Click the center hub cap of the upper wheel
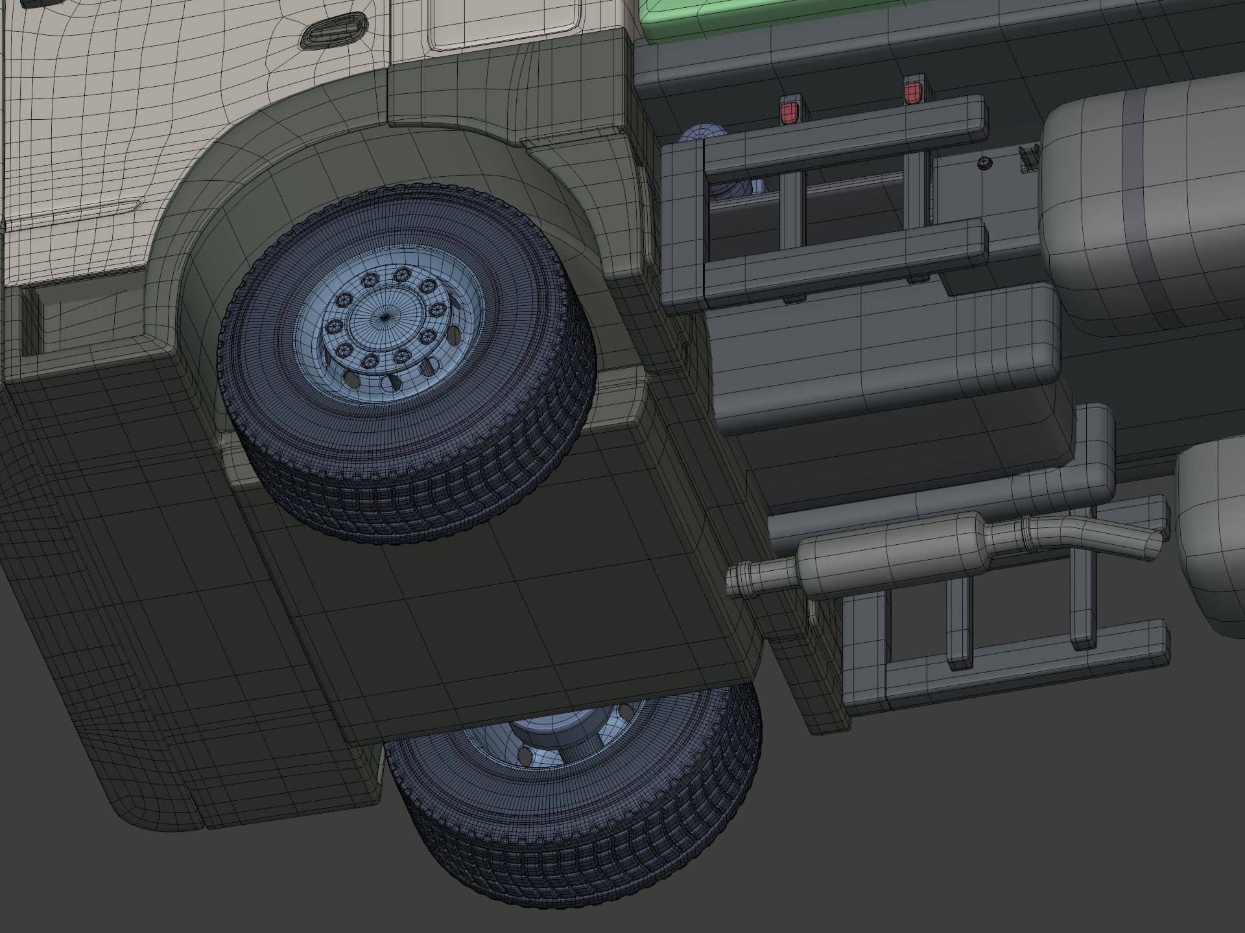(x=384, y=317)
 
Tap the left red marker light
(x=788, y=112)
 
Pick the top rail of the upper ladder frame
(x=843, y=123)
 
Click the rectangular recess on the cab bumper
(x=29, y=321)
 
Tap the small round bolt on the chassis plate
(x=984, y=163)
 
